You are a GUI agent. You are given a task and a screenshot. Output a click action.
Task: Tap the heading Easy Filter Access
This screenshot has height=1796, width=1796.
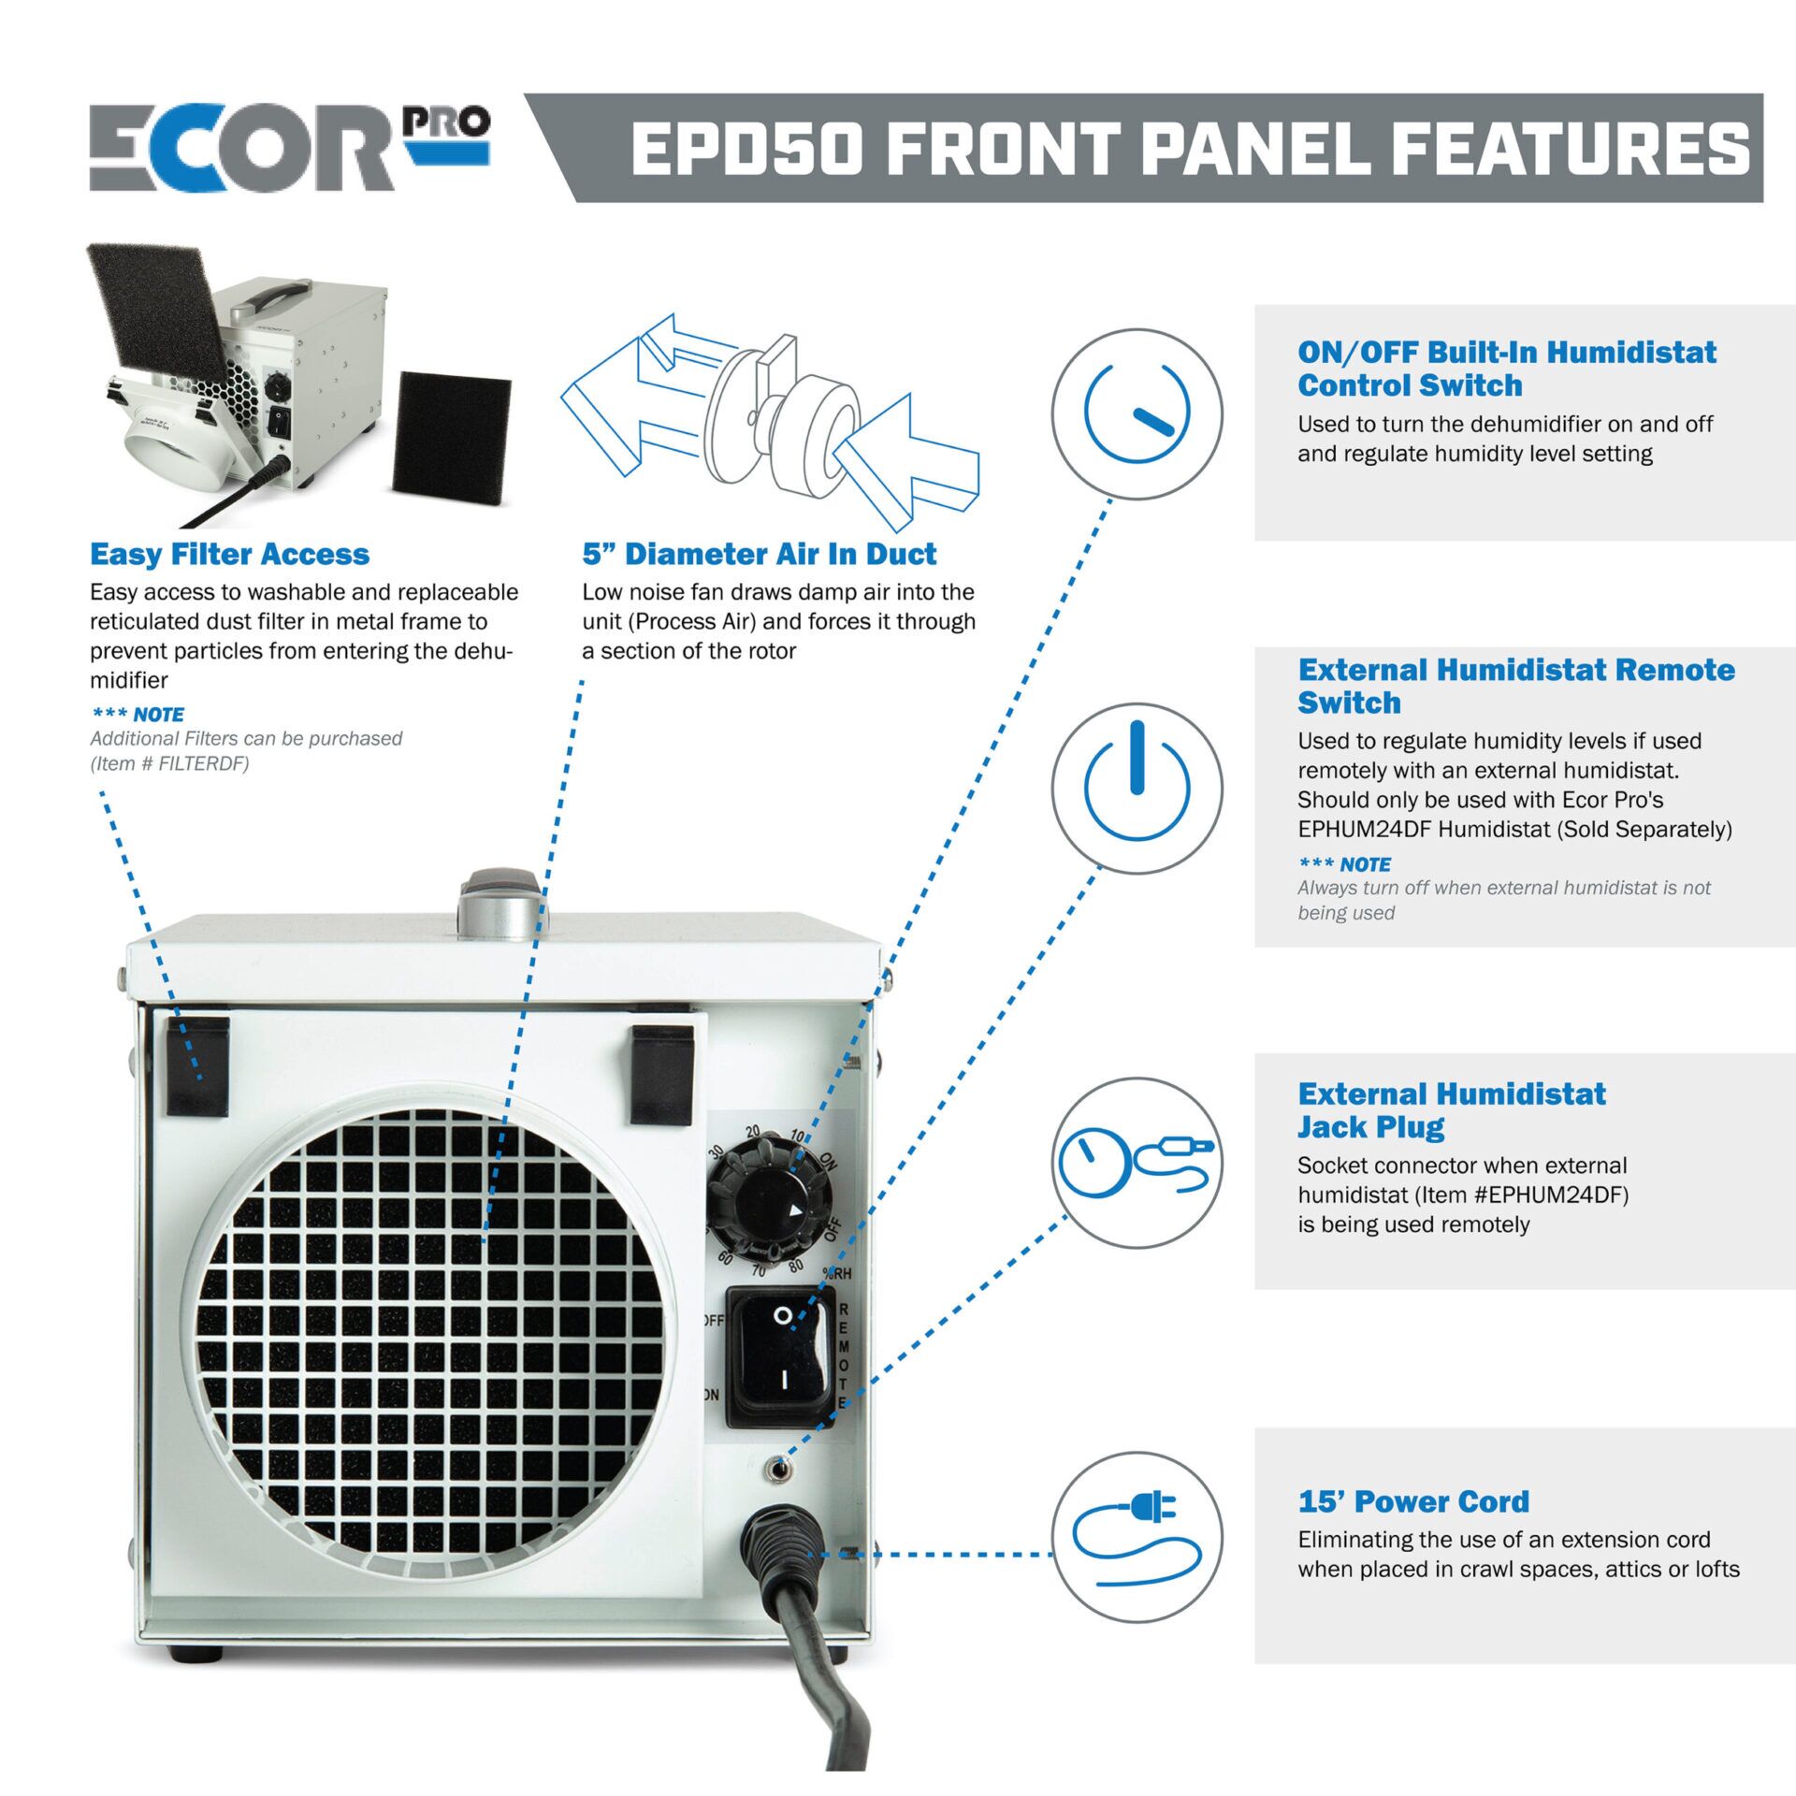[229, 554]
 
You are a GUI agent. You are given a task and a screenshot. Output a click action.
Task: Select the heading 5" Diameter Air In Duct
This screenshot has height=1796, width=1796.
[759, 554]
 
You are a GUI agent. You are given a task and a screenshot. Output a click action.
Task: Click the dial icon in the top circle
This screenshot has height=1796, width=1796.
[1137, 413]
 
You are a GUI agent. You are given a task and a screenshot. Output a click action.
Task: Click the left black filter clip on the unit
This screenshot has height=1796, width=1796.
[197, 1067]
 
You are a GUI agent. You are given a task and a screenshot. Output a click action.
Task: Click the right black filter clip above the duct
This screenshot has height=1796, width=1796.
[661, 1074]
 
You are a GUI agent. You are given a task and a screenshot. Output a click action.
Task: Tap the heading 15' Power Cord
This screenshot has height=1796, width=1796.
[1412, 1501]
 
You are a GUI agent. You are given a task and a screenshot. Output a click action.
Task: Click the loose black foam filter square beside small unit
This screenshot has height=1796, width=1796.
[451, 436]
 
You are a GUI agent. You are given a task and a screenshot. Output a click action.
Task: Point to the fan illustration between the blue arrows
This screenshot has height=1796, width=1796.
[781, 412]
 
